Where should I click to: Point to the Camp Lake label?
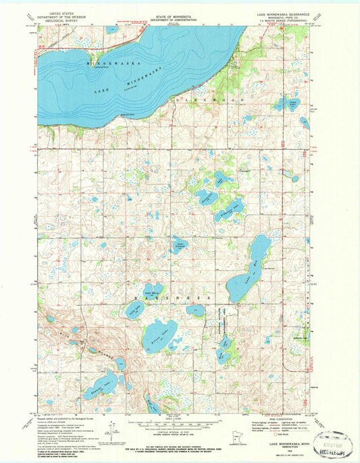point(292,103)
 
